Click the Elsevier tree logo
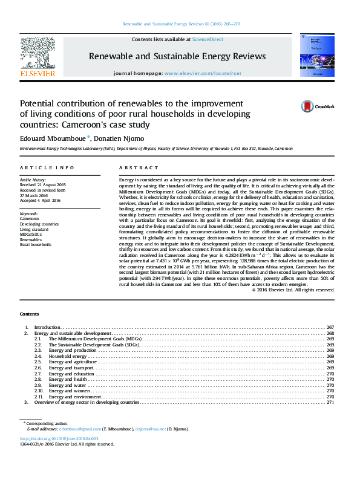click(38, 54)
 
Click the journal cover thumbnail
click(313, 55)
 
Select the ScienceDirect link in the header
click(208, 39)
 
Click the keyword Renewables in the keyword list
click(30, 239)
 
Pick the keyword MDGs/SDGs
click(31, 234)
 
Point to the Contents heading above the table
click(29, 314)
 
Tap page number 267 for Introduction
click(330, 327)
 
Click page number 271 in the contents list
click(330, 402)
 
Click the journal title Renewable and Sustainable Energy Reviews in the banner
click(177, 56)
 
